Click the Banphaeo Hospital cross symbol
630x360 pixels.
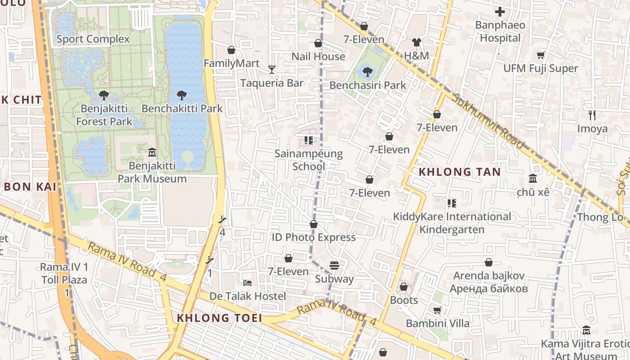coord(499,12)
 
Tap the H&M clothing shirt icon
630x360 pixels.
coord(416,43)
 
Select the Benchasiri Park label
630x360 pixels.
coord(368,85)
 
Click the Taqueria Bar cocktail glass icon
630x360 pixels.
coord(272,70)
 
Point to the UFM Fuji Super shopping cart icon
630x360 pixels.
coord(540,55)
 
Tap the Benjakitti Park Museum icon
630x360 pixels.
coord(152,153)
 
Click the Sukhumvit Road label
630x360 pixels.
coord(488,121)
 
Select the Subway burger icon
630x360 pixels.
coord(334,265)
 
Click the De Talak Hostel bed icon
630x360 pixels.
coord(247,283)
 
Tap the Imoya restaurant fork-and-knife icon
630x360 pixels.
coord(592,115)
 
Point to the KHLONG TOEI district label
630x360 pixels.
coord(219,318)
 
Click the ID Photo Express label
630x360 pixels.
coord(314,237)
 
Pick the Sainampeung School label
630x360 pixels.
coord(309,160)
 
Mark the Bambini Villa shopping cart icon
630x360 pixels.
coord(437,310)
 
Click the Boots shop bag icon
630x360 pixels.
coord(404,287)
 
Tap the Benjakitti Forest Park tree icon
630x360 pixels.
coord(104,95)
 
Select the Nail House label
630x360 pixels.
coord(318,57)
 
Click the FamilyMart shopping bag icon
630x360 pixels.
coord(231,50)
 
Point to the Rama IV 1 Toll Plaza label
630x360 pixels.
coord(64,273)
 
